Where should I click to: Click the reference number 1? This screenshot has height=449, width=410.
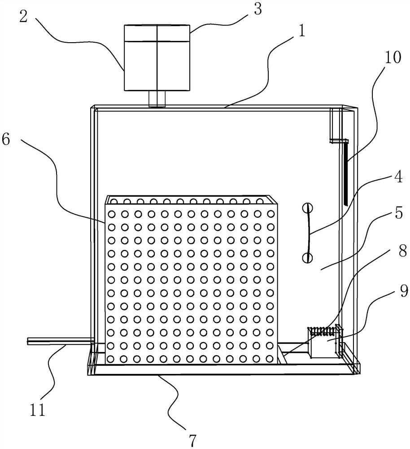[301, 32]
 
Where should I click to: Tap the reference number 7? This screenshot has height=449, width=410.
[192, 440]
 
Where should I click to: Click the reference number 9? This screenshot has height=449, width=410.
[403, 291]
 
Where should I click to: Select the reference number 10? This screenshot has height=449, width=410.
[393, 57]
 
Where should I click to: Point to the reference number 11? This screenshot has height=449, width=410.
[37, 409]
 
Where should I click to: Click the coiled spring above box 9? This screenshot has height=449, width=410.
[324, 331]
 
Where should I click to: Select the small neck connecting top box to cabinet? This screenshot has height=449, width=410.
[157, 99]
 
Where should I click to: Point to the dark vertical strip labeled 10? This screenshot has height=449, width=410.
[345, 174]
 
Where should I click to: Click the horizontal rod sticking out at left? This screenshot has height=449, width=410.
[60, 341]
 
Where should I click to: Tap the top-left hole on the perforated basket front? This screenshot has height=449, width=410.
[111, 214]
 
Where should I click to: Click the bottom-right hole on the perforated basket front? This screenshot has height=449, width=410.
[270, 358]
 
